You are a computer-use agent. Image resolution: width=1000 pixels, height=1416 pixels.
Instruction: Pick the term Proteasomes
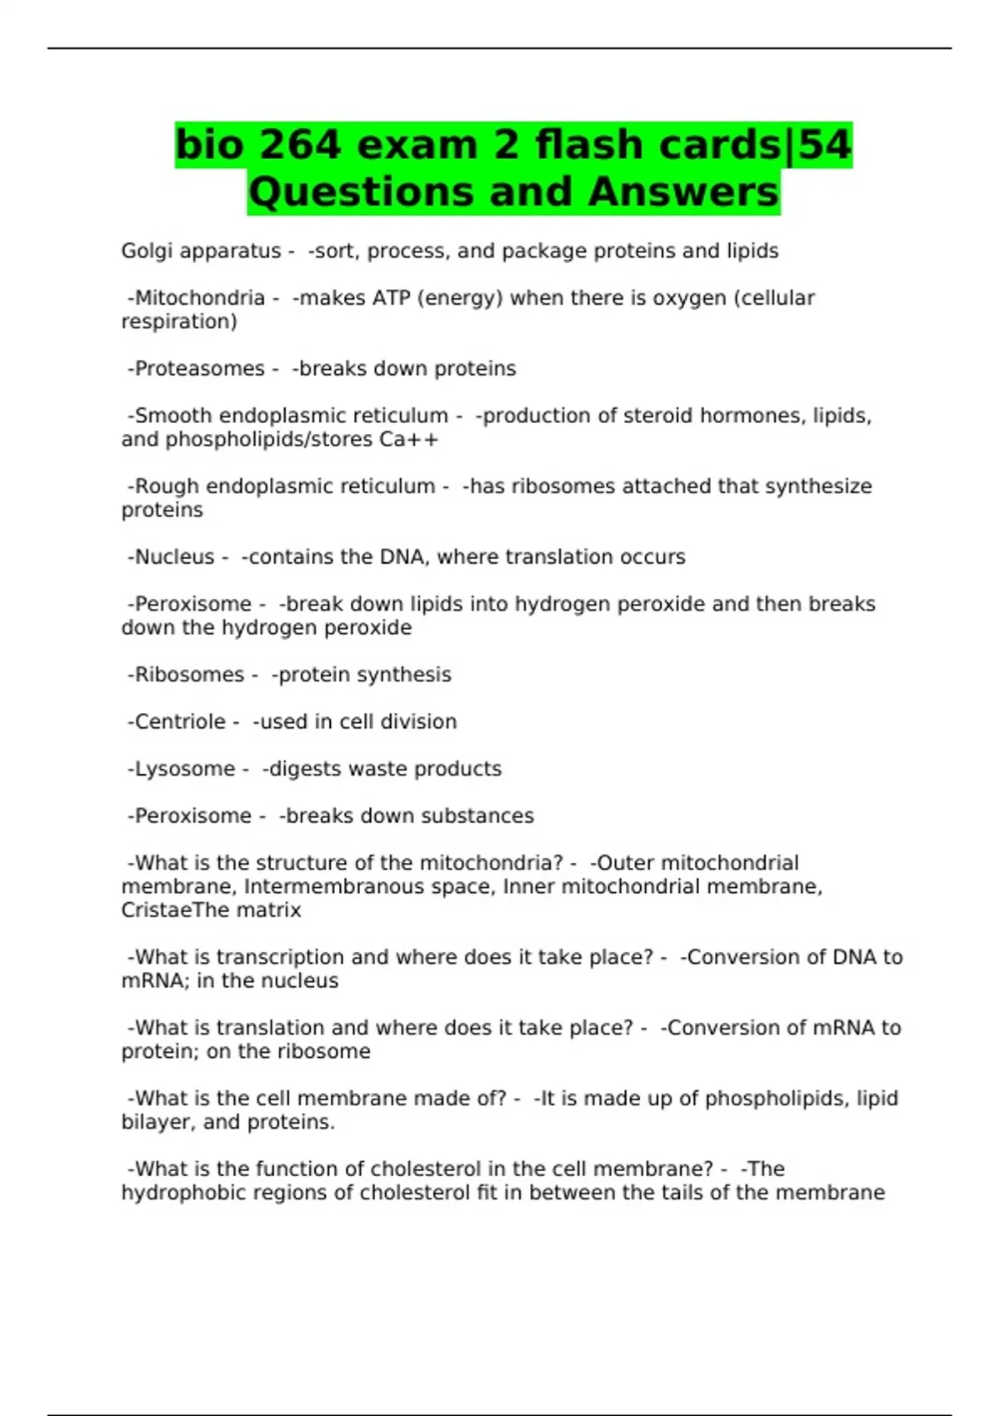(x=199, y=369)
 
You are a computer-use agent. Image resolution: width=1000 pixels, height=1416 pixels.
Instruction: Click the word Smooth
(x=172, y=416)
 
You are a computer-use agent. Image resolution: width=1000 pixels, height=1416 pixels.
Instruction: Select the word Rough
(x=167, y=486)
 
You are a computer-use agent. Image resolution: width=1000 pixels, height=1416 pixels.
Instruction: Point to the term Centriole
(x=180, y=722)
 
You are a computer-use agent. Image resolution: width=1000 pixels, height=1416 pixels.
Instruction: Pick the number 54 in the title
(x=824, y=145)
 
